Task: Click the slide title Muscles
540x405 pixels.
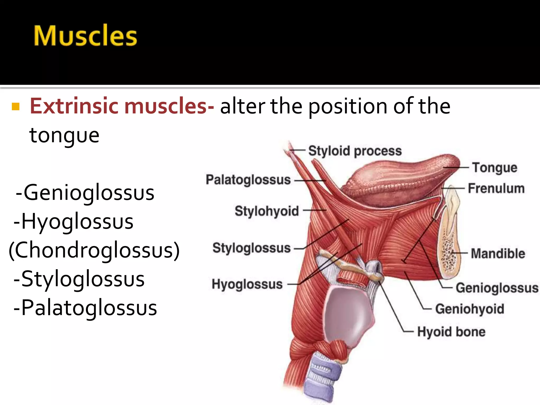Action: [x=85, y=36]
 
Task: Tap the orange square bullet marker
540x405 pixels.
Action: [x=16, y=107]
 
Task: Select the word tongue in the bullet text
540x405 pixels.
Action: [x=64, y=135]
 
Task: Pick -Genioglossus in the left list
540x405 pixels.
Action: [x=85, y=193]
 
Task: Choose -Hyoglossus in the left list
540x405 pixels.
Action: [x=74, y=221]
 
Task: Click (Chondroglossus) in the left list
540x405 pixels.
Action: [x=94, y=250]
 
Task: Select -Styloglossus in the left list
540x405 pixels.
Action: [x=79, y=279]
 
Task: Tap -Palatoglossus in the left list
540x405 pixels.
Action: [x=85, y=308]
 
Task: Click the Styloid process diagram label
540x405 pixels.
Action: [x=355, y=151]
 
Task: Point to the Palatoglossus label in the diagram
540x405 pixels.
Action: [x=248, y=180]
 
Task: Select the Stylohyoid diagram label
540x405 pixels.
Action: [x=267, y=211]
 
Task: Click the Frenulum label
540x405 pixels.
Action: [x=496, y=189]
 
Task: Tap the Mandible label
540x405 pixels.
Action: [x=498, y=253]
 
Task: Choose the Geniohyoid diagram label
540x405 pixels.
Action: [x=470, y=309]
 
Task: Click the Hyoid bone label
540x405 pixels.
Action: [x=451, y=332]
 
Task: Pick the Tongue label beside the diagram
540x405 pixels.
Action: [x=495, y=168]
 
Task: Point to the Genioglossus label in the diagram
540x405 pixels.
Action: [x=497, y=288]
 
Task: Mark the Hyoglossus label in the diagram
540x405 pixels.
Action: [x=247, y=284]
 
